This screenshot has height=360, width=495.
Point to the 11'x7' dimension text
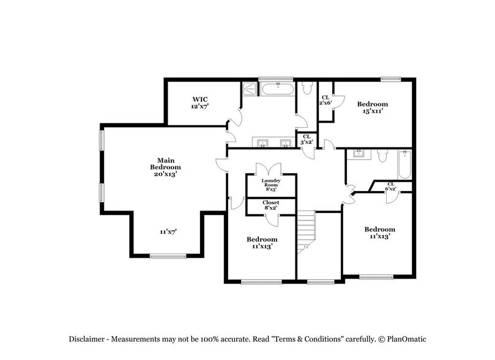click(168, 232)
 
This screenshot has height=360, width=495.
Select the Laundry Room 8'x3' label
click(270, 184)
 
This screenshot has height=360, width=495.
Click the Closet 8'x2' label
click(270, 205)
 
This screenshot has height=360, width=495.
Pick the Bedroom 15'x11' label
click(373, 108)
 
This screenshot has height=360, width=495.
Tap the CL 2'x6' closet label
click(326, 100)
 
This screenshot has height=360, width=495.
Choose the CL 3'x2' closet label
click(307, 139)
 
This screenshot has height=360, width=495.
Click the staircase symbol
click(305, 231)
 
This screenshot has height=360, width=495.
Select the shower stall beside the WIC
click(250, 89)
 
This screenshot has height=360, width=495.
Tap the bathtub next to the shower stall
click(278, 89)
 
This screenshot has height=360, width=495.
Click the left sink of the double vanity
click(262, 144)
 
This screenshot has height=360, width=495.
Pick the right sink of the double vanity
click(285, 144)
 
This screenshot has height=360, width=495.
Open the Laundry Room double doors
click(270, 169)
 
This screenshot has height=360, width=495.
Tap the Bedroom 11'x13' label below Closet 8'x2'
click(262, 242)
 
